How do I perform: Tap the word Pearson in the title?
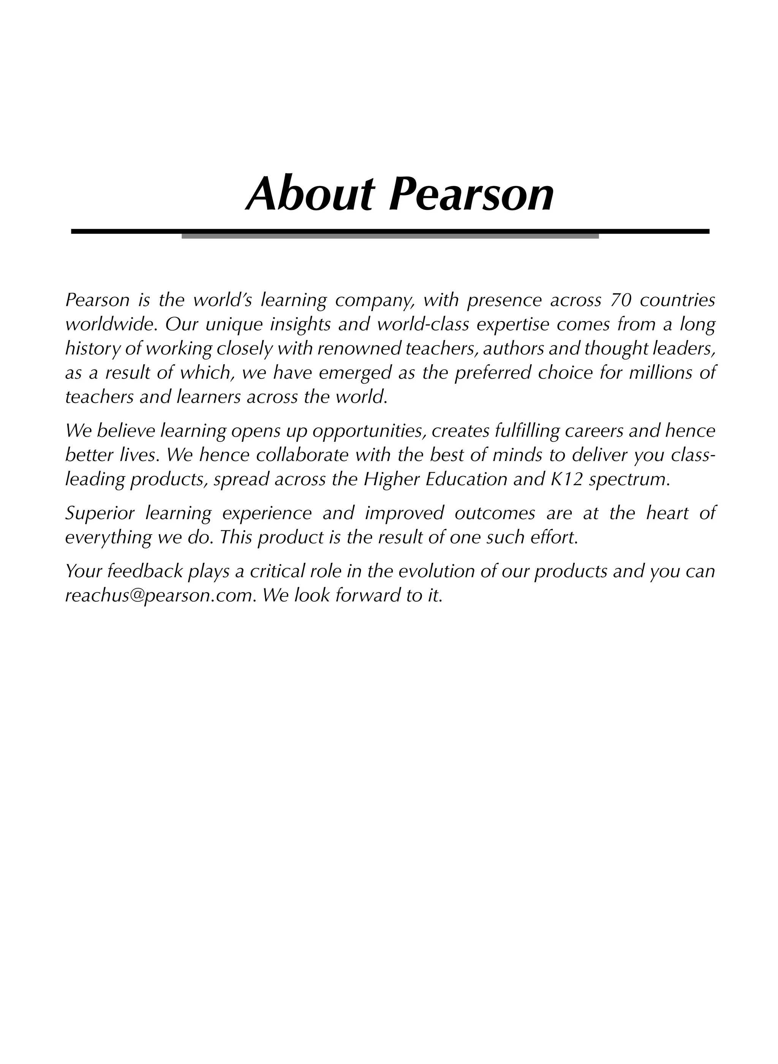point(471,194)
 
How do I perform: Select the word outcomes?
point(495,513)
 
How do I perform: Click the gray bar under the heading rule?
point(390,237)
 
